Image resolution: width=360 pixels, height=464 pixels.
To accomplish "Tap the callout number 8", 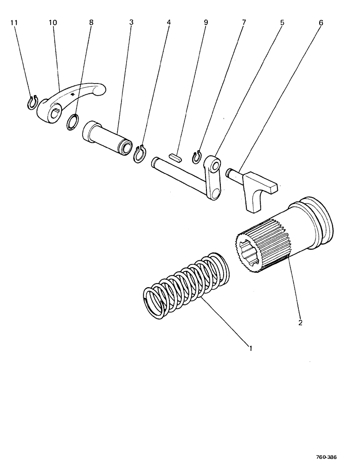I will click(x=91, y=23).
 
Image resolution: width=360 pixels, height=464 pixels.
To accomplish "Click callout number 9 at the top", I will click(x=206, y=23).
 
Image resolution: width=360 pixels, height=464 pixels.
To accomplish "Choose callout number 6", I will click(x=321, y=23).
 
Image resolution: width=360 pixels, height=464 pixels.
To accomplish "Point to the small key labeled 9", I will click(x=174, y=156).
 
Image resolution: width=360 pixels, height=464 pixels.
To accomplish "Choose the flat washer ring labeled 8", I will click(x=72, y=123).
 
